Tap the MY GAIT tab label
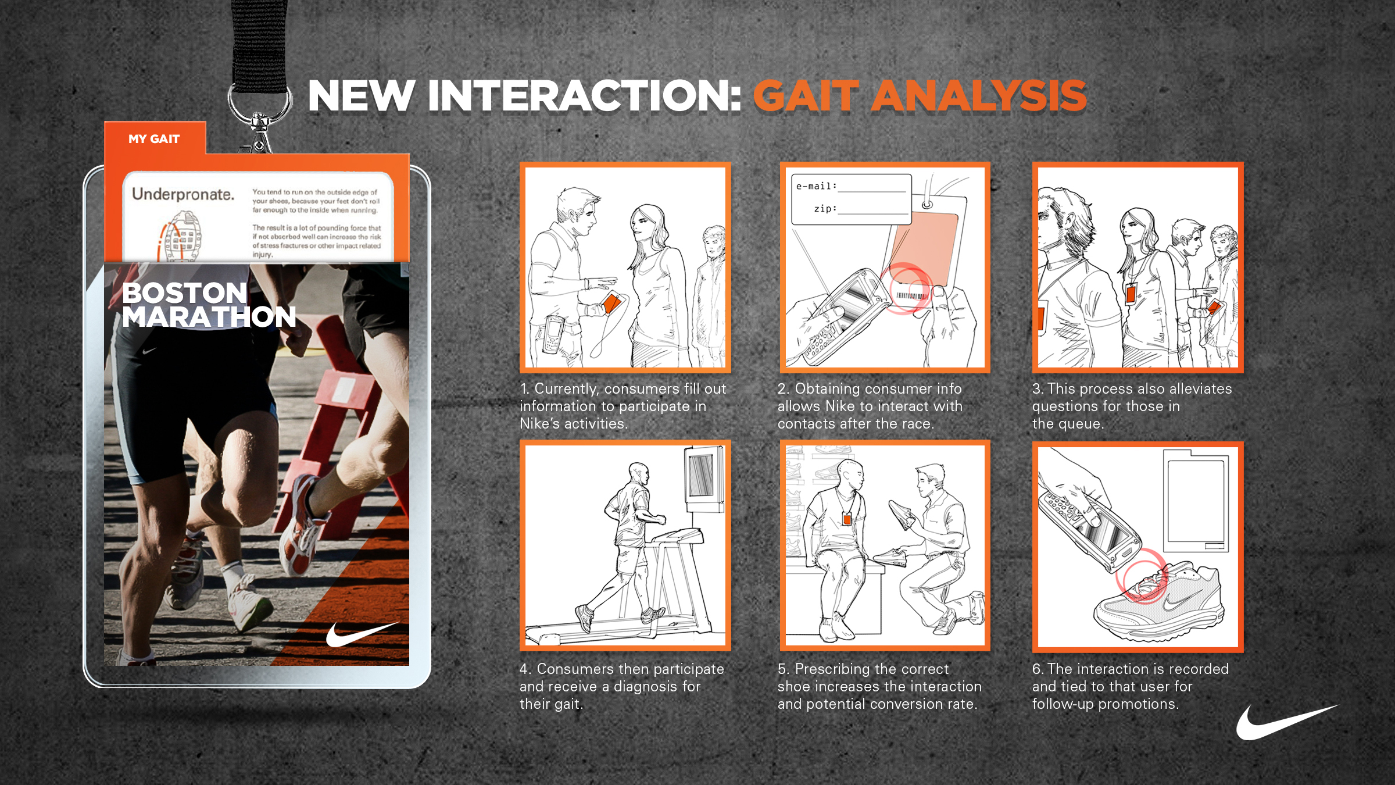point(154,139)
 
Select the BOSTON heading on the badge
point(185,292)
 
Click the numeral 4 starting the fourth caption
point(524,669)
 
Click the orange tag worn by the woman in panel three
point(1131,293)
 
